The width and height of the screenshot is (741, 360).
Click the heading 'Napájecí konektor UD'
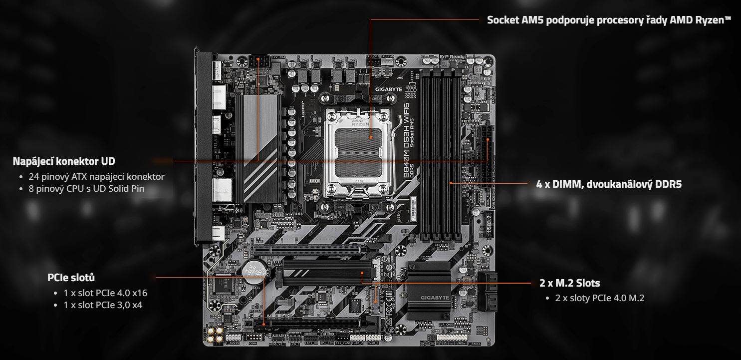(x=64, y=161)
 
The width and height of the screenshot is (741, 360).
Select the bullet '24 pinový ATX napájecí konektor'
(x=96, y=177)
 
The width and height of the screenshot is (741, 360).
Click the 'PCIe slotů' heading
(x=71, y=278)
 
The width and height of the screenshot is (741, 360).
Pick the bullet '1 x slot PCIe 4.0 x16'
(x=105, y=293)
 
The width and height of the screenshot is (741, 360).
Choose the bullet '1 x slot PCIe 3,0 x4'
(x=103, y=305)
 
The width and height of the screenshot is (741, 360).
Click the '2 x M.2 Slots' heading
(x=570, y=283)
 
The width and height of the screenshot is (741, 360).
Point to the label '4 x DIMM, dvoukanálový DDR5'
(x=609, y=184)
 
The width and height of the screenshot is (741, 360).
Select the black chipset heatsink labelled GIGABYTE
(x=429, y=290)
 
